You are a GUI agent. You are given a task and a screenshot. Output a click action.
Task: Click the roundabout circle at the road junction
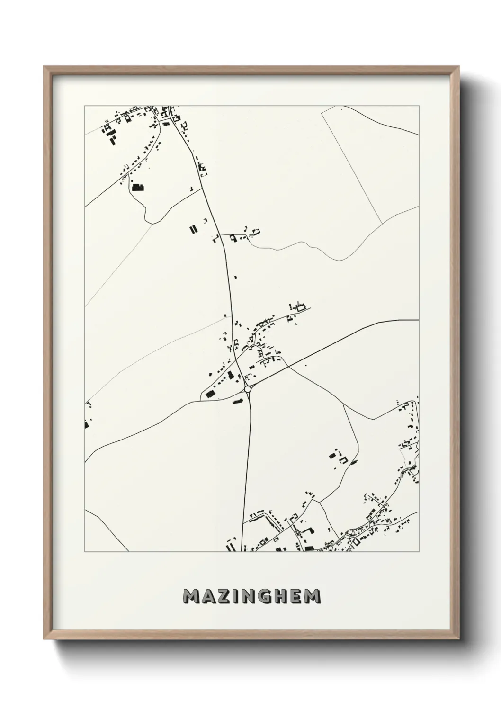tap(247, 389)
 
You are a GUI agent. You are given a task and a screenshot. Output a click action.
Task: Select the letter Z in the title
tap(224, 596)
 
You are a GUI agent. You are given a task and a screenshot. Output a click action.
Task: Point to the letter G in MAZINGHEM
tap(267, 596)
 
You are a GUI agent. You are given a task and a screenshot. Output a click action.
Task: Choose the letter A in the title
tap(209, 596)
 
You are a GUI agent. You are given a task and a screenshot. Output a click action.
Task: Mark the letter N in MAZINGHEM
tap(251, 596)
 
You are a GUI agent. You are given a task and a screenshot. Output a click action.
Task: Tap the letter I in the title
tap(237, 596)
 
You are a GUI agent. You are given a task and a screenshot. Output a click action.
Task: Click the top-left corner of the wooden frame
tap(44, 66)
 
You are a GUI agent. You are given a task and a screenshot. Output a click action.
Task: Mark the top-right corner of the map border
tap(419, 106)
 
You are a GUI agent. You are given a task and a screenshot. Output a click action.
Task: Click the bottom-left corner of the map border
tap(85, 552)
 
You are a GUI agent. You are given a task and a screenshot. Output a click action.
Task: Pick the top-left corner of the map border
tap(85, 106)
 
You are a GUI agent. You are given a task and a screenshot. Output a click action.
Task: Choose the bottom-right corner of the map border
tap(419, 552)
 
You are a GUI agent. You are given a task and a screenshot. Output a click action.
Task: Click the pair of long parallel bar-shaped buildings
tap(193, 230)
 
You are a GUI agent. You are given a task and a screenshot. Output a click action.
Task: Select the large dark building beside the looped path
tap(137, 187)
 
